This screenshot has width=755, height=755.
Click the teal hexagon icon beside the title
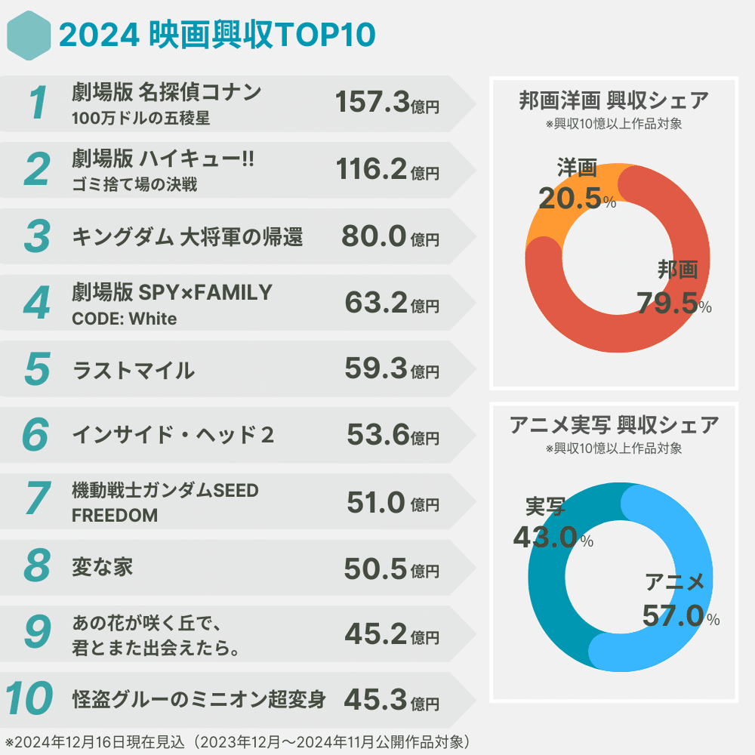pyautogui.click(x=29, y=35)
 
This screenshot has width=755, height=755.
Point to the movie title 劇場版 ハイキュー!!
pyautogui.click(x=163, y=159)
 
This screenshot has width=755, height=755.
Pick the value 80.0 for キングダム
pyautogui.click(x=374, y=236)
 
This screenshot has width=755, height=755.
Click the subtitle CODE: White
pyautogui.click(x=124, y=319)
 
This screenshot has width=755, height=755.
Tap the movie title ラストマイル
pyautogui.click(x=133, y=370)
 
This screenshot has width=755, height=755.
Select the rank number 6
pyautogui.click(x=36, y=435)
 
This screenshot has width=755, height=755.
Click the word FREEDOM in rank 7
pyautogui.click(x=115, y=516)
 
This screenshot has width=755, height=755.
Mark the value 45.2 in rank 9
pyautogui.click(x=376, y=635)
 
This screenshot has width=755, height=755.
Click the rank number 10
pyautogui.click(x=29, y=700)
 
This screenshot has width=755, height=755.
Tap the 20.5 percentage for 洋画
pyautogui.click(x=570, y=199)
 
